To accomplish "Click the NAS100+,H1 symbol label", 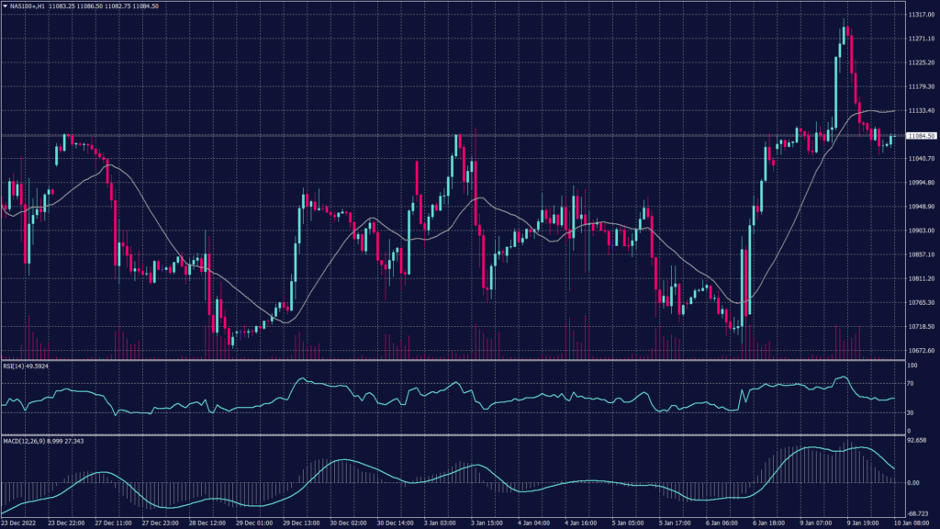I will point(32,6).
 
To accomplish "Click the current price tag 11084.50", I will point(921,136).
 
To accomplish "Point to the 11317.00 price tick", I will point(920,15).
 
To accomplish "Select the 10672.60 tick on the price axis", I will point(920,350).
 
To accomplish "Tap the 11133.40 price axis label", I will point(920,110).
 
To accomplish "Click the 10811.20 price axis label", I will point(920,278).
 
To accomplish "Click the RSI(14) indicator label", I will point(15,366).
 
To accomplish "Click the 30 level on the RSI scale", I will point(910,412).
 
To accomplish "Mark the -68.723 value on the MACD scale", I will point(917,513).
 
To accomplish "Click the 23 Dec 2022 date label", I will point(20,522).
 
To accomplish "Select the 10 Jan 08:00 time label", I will point(916,522).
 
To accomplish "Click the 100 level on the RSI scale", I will point(912,365).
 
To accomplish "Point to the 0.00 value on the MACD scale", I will point(913,481).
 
